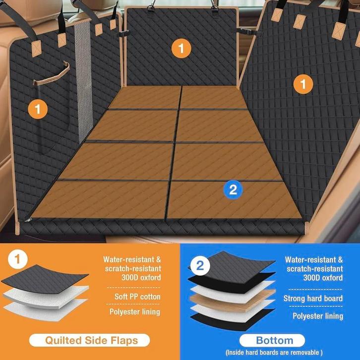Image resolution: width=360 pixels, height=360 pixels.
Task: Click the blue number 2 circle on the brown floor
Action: point(233,190)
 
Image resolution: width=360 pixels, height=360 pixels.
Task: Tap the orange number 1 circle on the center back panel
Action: point(181,49)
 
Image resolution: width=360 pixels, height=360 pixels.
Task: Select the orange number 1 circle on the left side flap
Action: point(38,109)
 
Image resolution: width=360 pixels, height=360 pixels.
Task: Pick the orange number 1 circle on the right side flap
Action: point(303,84)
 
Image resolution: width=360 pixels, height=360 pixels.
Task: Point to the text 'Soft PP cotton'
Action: point(137,297)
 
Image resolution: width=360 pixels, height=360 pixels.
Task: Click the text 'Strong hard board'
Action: point(313,298)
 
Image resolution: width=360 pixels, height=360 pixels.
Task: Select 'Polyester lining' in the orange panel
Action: point(135,311)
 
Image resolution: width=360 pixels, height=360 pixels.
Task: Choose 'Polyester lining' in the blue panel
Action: point(318,316)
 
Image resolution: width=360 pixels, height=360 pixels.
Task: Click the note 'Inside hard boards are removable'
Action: point(274,352)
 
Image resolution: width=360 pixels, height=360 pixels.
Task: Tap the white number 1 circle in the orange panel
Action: point(18,259)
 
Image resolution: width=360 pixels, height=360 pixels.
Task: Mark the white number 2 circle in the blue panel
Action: point(200,266)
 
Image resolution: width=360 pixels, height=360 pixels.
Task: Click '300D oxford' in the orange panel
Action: point(141,278)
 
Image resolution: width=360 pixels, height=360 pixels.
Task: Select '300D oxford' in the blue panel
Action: point(323,278)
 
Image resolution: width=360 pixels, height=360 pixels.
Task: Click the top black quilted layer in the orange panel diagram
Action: point(45,279)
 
